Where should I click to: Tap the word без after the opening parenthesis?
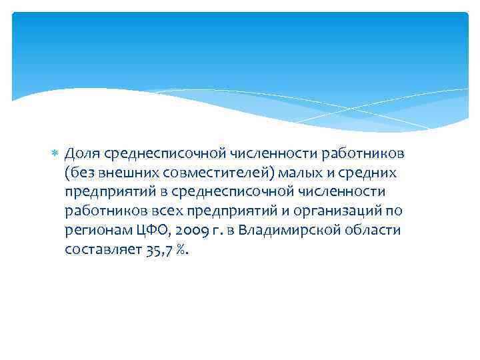81,173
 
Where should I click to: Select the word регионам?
95,231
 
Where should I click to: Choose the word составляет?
101,250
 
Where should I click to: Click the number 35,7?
156,250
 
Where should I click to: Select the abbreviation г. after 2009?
215,231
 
